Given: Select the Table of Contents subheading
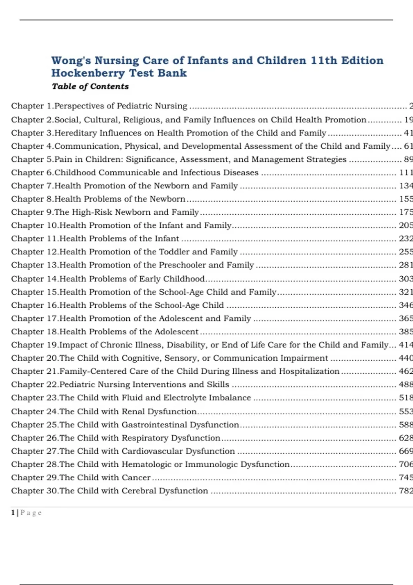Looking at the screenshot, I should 90,86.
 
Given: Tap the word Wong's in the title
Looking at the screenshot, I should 71,61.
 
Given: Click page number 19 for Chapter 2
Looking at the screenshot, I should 408,120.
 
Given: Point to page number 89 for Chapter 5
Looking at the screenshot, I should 408,159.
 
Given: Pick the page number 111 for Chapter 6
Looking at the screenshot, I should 406,172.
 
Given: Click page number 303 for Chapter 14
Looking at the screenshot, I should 406,278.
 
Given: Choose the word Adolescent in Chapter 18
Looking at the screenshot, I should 177,331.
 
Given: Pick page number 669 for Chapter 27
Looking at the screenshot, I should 406,451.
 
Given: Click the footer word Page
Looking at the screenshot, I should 31,513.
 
